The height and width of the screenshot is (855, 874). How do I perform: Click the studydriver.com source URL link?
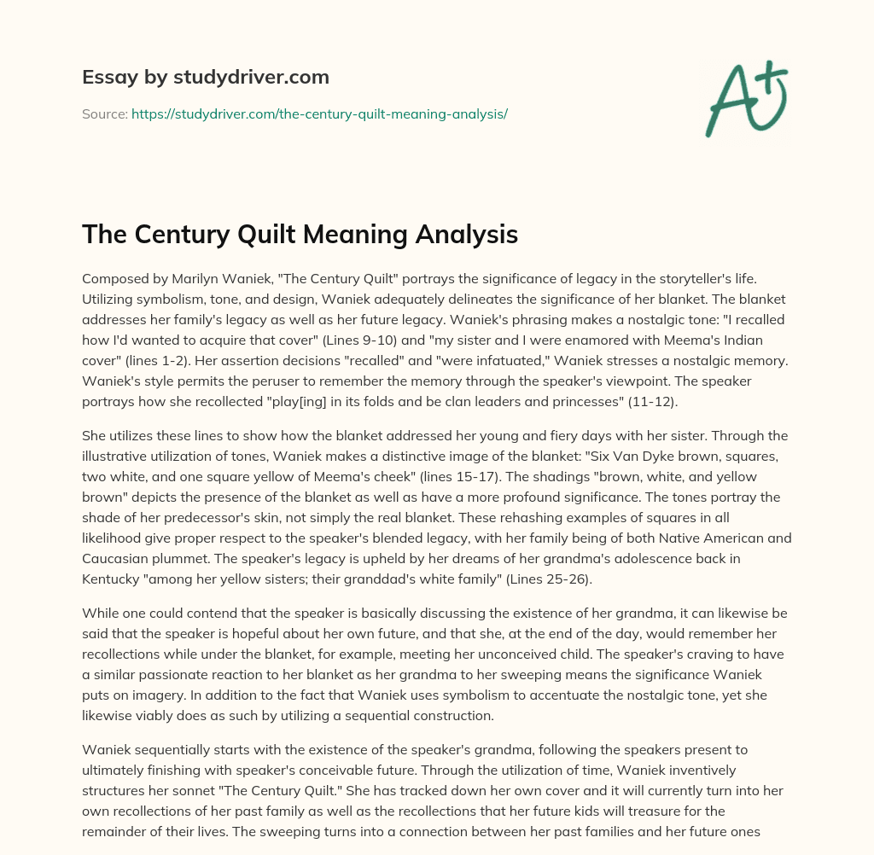(x=319, y=113)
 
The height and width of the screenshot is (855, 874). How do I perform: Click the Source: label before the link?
(x=104, y=113)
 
